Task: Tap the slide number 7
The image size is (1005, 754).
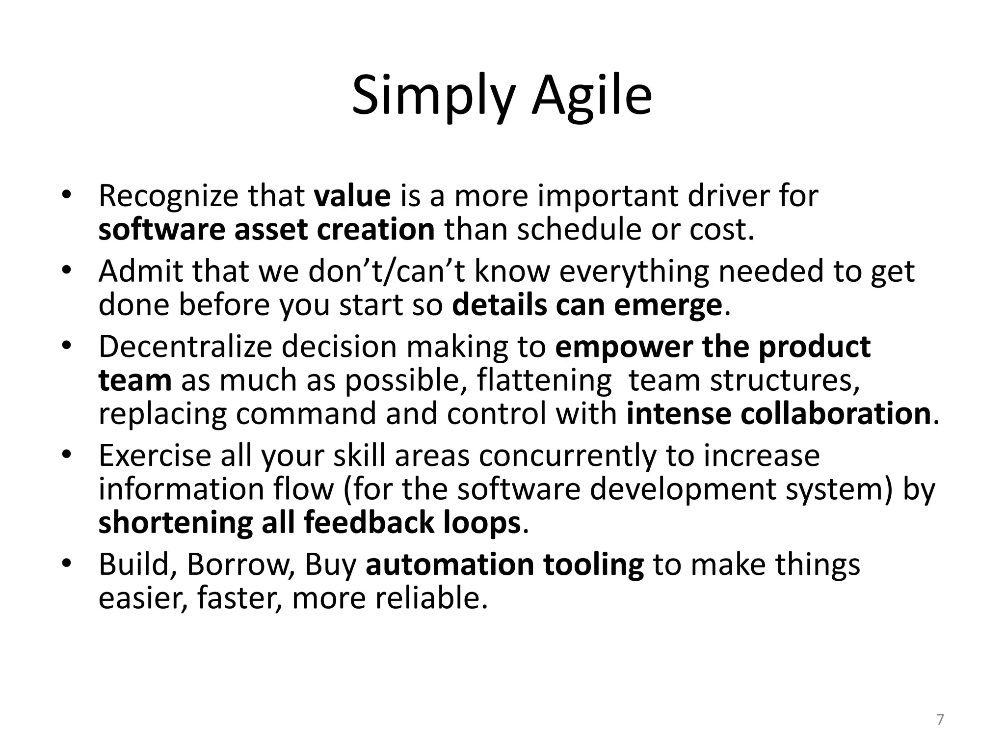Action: (x=940, y=720)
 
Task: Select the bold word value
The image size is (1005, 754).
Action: (x=352, y=196)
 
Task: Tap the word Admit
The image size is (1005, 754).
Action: (x=140, y=271)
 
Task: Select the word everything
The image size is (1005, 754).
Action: (x=634, y=272)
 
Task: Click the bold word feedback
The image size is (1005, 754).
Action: (x=370, y=522)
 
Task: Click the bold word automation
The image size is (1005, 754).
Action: (x=450, y=565)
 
